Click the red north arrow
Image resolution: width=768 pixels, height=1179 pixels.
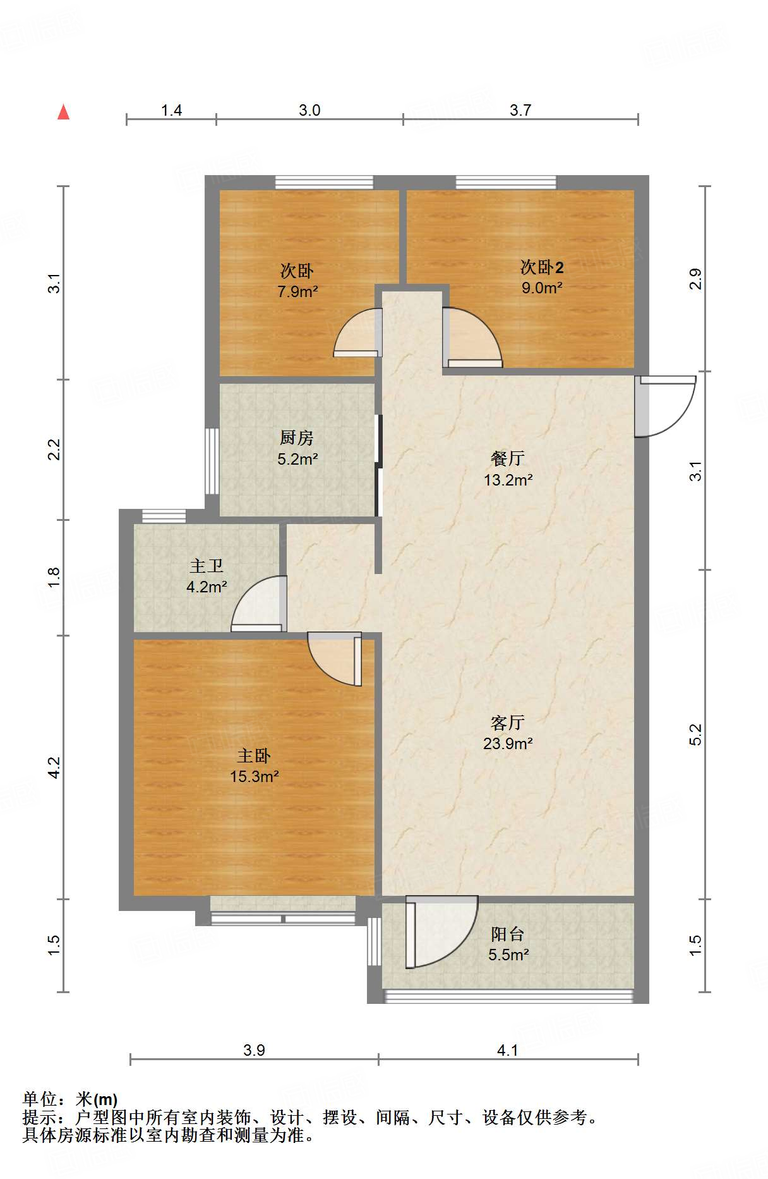tap(63, 112)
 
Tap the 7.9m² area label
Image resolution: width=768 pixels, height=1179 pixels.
tap(297, 292)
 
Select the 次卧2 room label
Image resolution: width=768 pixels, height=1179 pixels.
tap(542, 267)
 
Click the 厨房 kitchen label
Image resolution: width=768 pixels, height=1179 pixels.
tap(297, 437)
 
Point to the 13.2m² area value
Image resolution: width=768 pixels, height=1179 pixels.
tap(508, 480)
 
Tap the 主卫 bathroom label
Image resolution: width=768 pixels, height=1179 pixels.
tap(207, 566)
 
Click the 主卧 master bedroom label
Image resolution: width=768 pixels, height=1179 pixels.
tap(254, 755)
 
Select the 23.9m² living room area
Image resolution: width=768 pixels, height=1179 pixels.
tap(508, 743)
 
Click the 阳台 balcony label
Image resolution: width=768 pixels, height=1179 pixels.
tap(508, 934)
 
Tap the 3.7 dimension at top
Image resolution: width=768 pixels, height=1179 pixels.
tap(520, 111)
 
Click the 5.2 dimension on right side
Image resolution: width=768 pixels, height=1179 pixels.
tap(695, 734)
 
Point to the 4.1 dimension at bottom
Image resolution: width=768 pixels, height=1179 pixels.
tap(508, 1050)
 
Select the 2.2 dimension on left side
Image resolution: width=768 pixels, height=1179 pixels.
tap(54, 449)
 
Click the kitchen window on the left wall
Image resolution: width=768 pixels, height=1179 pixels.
tap(212, 461)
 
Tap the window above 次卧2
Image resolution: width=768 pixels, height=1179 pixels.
tap(506, 182)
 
